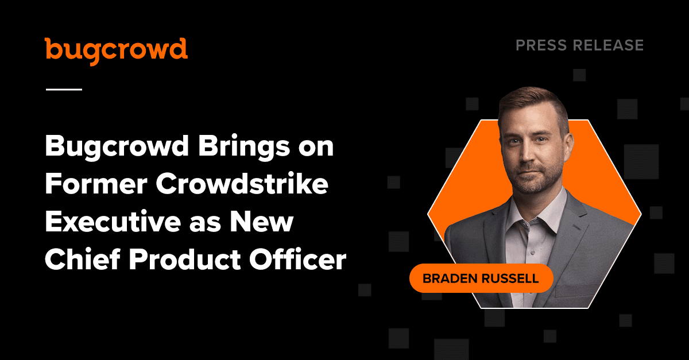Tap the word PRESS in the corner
pos(541,45)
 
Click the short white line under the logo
pos(64,90)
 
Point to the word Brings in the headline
pos(244,148)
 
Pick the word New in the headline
pos(262,222)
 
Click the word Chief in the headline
pos(83,259)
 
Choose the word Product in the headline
pos(184,259)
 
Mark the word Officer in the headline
pos(298,259)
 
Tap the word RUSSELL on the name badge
pos(510,278)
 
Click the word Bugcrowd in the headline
pos(117,148)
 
